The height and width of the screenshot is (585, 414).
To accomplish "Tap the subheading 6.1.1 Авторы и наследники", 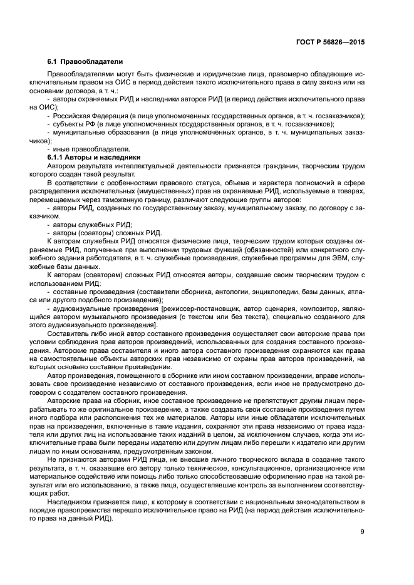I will click(94, 157).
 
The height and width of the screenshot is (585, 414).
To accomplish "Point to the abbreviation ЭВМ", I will click(342, 257).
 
